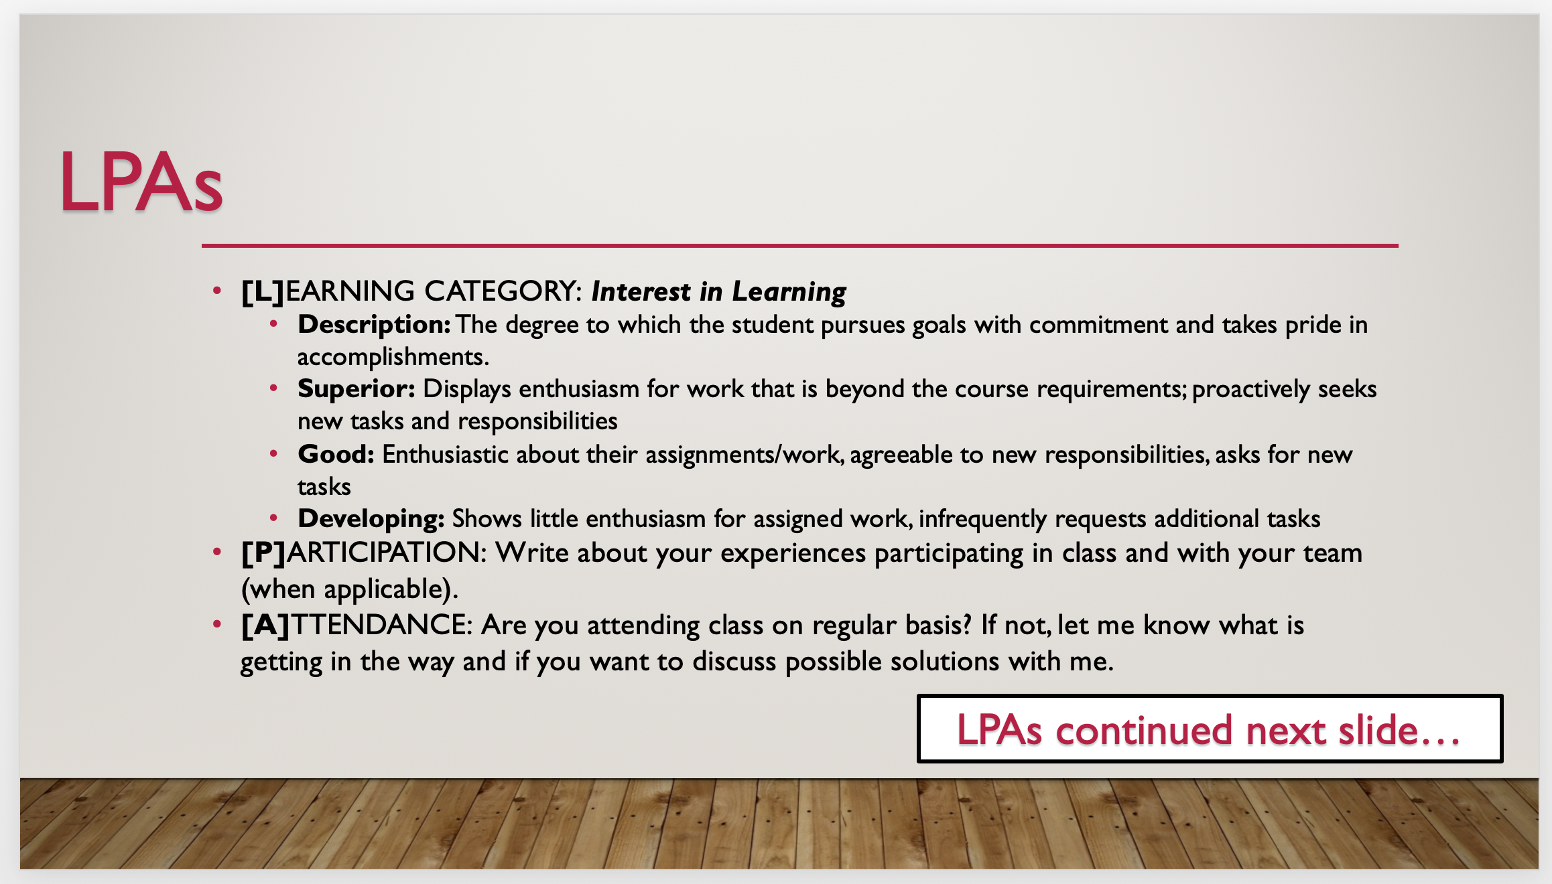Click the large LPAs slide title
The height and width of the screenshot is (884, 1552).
pyautogui.click(x=141, y=182)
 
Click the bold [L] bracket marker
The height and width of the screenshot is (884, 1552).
pyautogui.click(x=263, y=292)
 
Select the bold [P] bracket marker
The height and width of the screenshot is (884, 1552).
pyautogui.click(x=263, y=553)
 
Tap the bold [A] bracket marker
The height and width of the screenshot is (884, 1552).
pyautogui.click(x=265, y=625)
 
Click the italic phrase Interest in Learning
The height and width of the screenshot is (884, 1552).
pyautogui.click(x=718, y=292)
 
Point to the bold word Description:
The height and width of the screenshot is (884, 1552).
pyautogui.click(x=374, y=325)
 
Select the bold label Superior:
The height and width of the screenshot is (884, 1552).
pyautogui.click(x=357, y=389)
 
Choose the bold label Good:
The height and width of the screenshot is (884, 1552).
pyautogui.click(x=336, y=454)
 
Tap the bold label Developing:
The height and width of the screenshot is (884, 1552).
pyautogui.click(x=371, y=519)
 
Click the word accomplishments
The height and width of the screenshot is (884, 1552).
pyautogui.click(x=393, y=357)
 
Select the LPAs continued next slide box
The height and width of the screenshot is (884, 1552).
pyautogui.click(x=1210, y=729)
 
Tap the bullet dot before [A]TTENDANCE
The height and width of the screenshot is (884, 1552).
pyautogui.click(x=216, y=625)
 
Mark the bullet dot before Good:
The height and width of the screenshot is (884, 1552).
pyautogui.click(x=273, y=454)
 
